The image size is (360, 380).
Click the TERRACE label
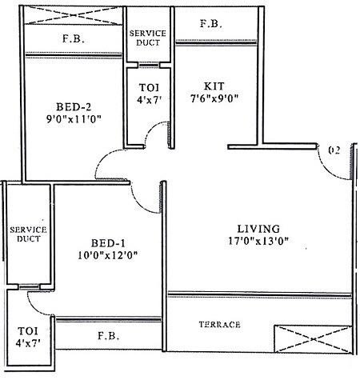(219, 324)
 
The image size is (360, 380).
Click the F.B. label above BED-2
(74, 38)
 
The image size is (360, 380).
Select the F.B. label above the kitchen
(211, 25)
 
